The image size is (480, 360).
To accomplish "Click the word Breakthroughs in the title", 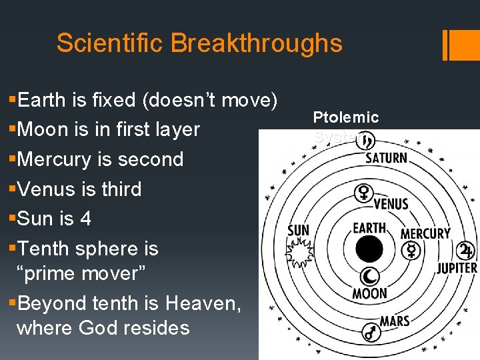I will [x=256, y=43].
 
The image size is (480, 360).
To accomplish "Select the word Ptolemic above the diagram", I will [x=346, y=117].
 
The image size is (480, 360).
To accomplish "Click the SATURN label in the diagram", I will [x=386, y=158].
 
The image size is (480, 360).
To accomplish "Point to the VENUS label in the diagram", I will [x=391, y=204].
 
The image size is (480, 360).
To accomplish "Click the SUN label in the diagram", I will [x=298, y=231].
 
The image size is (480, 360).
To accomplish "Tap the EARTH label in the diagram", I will [x=369, y=228].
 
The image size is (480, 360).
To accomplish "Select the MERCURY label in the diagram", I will [x=425, y=233].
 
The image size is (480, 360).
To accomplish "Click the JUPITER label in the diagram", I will [x=457, y=268].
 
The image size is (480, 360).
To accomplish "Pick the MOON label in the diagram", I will [x=369, y=293].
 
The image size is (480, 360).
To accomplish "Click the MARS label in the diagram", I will [x=395, y=321].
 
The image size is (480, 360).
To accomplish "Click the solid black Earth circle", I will [x=369, y=249].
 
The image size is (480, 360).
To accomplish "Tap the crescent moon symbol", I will [x=369, y=276].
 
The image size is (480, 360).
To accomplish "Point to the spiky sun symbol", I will [x=298, y=252].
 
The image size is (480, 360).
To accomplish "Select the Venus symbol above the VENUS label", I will [x=364, y=193].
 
